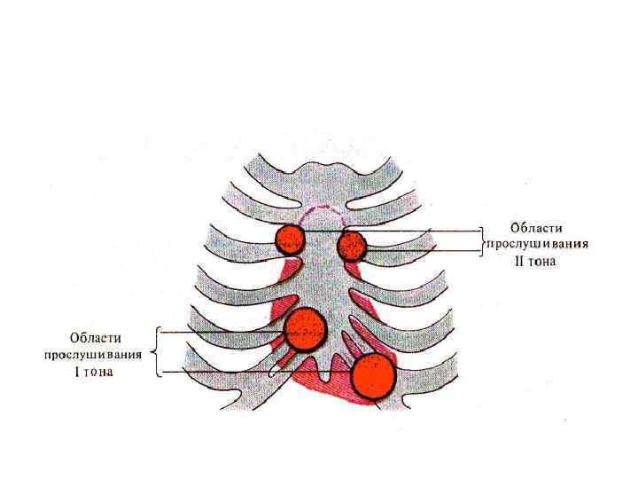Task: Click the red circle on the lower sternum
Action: click(307, 329)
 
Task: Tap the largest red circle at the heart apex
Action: click(373, 375)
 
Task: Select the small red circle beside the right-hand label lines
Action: click(353, 246)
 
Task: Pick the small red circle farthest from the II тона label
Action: click(289, 237)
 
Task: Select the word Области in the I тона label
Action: click(97, 338)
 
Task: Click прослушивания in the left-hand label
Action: click(96, 355)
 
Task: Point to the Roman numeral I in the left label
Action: click(77, 373)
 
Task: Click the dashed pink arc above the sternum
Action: click(321, 209)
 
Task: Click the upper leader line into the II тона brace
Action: click(416, 232)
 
